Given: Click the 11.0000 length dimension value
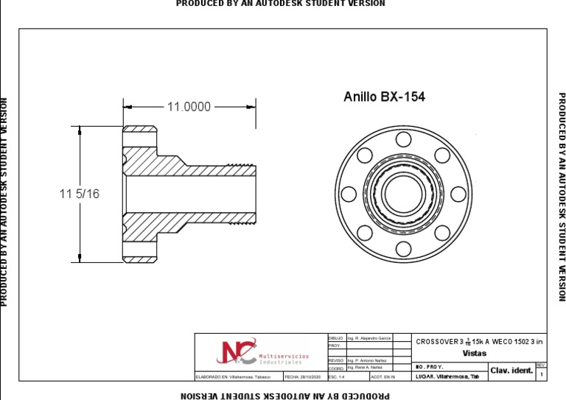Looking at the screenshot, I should tap(189, 107).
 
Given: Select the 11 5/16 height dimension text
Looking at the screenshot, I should tap(79, 194).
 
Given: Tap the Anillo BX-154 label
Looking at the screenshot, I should tap(384, 97).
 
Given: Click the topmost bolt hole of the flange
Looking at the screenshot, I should tap(403, 138).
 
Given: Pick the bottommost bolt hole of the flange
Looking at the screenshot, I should tap(403, 249).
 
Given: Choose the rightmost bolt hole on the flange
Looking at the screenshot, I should tap(458, 194).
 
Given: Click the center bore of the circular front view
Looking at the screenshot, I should tap(403, 194).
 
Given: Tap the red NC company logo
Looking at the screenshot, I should tap(237, 352).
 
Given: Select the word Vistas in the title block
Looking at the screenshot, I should tap(474, 353).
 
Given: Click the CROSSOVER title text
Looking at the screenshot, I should tap(479, 342).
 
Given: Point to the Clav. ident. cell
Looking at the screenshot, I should tap(511, 371).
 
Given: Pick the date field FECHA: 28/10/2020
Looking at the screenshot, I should tap(302, 376).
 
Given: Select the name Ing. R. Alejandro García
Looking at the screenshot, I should tap(369, 337).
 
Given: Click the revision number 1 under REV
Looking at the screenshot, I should tap(542, 375).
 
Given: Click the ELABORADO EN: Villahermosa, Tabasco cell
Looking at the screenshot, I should tap(238, 376).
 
